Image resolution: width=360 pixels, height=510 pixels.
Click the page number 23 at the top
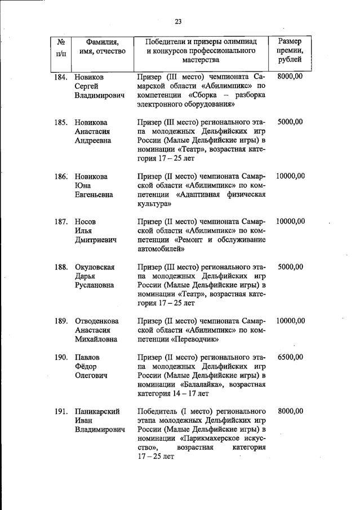(178, 21)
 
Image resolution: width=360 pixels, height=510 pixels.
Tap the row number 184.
(61, 76)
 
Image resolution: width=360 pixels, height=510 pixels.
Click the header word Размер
(290, 41)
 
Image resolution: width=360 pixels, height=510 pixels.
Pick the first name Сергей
(87, 86)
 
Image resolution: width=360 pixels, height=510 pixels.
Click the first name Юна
(82, 185)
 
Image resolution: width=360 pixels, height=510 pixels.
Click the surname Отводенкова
(99, 321)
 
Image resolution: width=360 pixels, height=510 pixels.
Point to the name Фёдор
(86, 366)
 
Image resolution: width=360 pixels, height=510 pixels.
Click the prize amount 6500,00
(290, 357)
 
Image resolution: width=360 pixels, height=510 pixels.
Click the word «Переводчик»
(192, 339)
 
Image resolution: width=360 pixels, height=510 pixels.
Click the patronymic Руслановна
(95, 285)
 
